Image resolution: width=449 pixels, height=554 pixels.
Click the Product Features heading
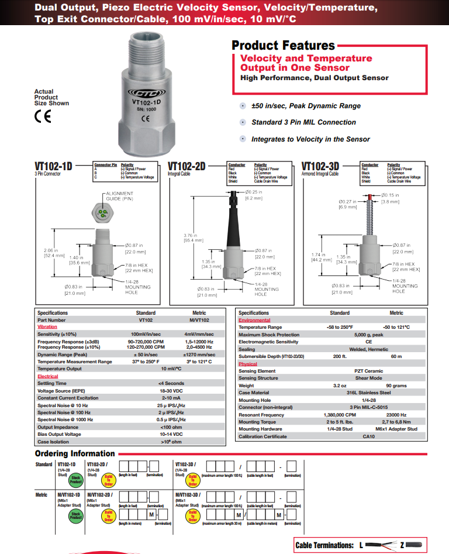[283, 45]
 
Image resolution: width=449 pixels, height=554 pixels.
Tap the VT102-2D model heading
[186, 167]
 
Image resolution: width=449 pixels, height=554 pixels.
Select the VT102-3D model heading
[320, 167]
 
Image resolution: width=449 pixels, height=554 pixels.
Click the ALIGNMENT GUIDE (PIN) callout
[119, 196]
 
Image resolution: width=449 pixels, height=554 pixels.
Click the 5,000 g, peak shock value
[368, 335]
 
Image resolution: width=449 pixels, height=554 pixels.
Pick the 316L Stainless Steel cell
[368, 393]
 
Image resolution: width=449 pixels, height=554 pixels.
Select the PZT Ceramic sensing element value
[368, 371]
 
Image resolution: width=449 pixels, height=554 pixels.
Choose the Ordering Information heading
[75, 453]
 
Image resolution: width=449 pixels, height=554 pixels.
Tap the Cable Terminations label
[325, 545]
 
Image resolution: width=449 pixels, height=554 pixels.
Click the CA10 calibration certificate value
[368, 436]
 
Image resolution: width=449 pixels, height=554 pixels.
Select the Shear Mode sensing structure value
[368, 378]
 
